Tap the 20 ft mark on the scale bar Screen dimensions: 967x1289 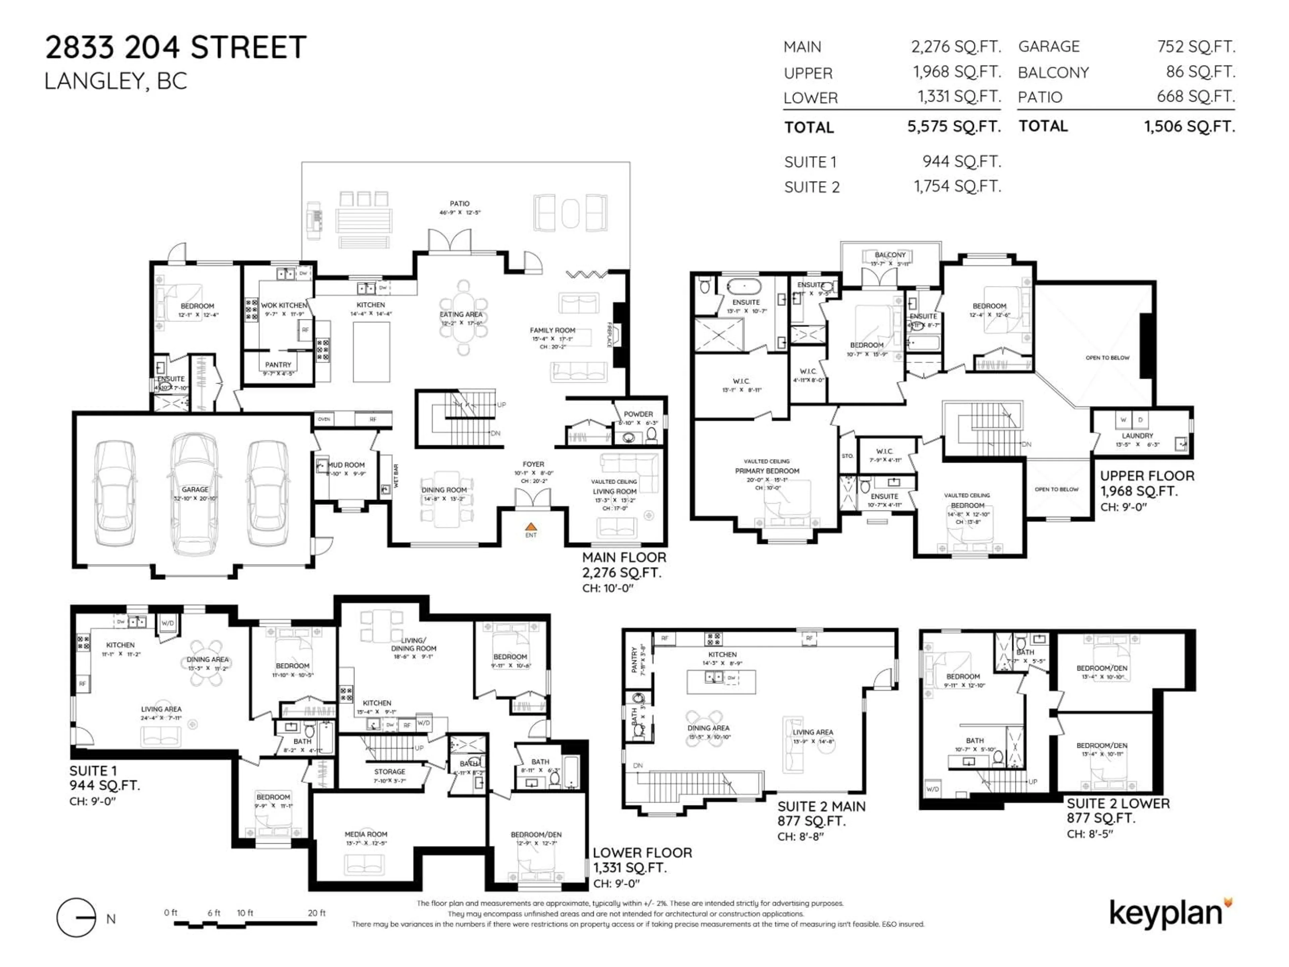click(317, 913)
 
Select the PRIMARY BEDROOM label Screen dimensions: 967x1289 click(767, 471)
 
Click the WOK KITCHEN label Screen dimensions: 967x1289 click(284, 306)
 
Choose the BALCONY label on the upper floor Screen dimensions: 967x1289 click(890, 255)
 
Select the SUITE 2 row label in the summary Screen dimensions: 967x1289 click(812, 187)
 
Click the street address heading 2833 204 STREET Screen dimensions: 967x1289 click(176, 47)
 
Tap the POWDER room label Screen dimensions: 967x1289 click(638, 414)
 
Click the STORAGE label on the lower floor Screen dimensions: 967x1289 click(389, 771)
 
